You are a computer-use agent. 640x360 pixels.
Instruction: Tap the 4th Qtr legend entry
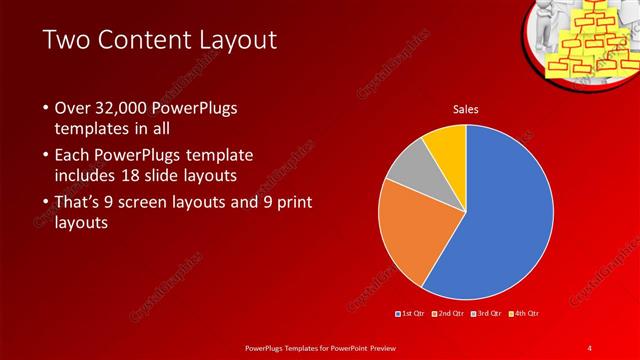pyautogui.click(x=527, y=314)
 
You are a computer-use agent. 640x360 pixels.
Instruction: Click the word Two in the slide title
pyautogui.click(x=68, y=41)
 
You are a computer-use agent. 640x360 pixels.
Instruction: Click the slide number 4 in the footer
pyautogui.click(x=590, y=347)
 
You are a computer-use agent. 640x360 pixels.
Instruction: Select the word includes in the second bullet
pyautogui.click(x=88, y=176)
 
